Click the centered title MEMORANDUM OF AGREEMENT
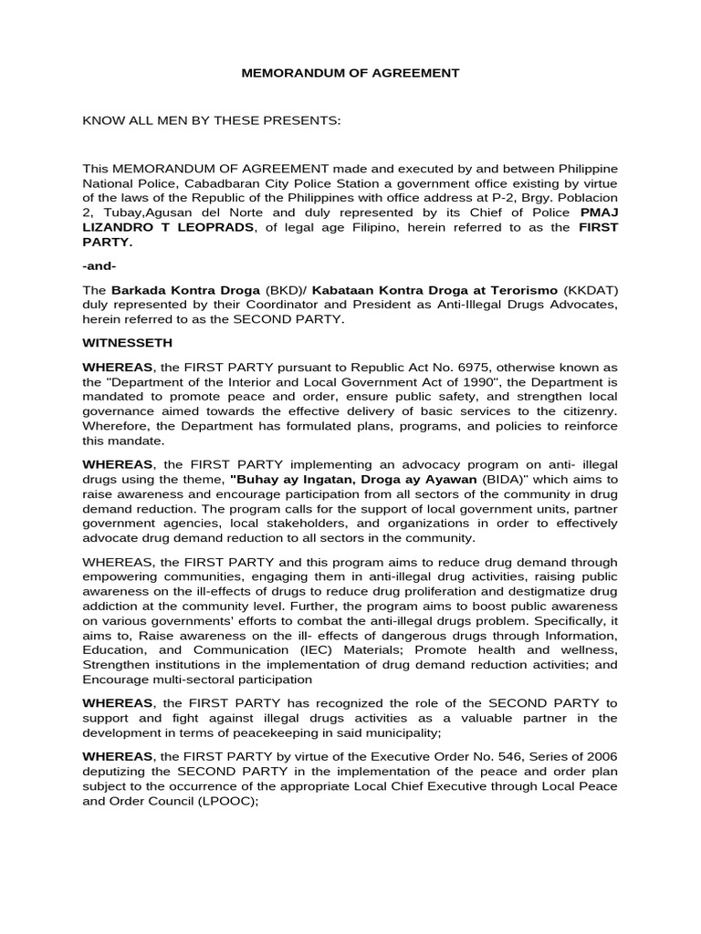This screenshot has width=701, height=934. coord(350,73)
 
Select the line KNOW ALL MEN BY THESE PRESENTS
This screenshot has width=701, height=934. coord(211,120)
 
